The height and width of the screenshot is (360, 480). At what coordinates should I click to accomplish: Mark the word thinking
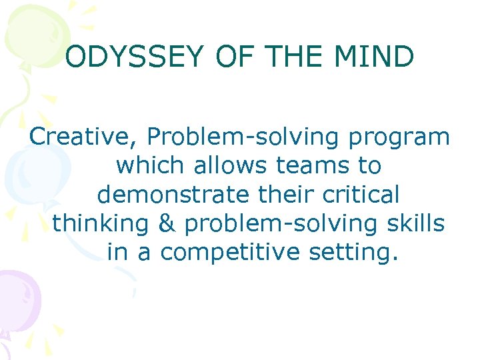tap(100, 223)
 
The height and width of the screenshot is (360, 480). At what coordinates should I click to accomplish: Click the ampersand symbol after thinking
tap(169, 223)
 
